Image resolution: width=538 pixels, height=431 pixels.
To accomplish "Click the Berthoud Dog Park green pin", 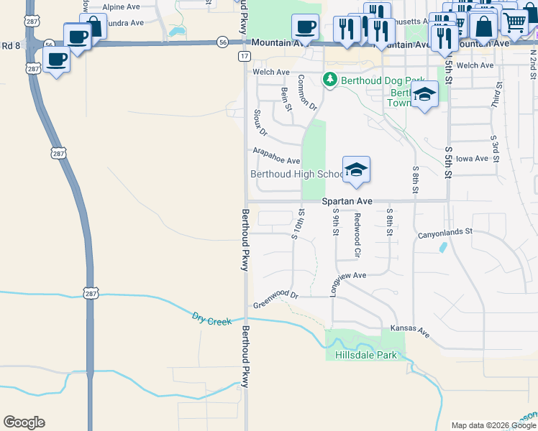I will (x=330, y=79).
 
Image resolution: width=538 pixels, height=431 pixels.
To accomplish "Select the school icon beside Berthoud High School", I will (x=356, y=170).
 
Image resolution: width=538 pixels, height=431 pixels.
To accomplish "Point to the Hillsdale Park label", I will (x=365, y=355).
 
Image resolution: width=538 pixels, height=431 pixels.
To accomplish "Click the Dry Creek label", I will (x=211, y=318).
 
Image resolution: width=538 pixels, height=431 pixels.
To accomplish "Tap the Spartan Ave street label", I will (x=347, y=202).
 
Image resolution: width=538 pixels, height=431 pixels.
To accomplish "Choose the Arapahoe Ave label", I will (x=276, y=156).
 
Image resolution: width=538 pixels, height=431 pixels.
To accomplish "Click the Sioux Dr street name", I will (x=260, y=123).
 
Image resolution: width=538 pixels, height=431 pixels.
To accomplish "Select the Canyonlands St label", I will (x=444, y=233).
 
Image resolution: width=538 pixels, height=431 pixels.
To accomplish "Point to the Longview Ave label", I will (x=348, y=278).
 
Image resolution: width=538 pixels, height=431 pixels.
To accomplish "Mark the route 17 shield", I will (x=245, y=55).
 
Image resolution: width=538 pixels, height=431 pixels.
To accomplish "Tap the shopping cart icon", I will (x=514, y=22).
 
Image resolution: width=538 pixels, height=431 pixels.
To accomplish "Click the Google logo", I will (x=24, y=422).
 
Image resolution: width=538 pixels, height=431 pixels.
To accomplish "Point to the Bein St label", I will (x=286, y=99).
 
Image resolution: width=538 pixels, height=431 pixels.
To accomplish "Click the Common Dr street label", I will (x=306, y=92).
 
